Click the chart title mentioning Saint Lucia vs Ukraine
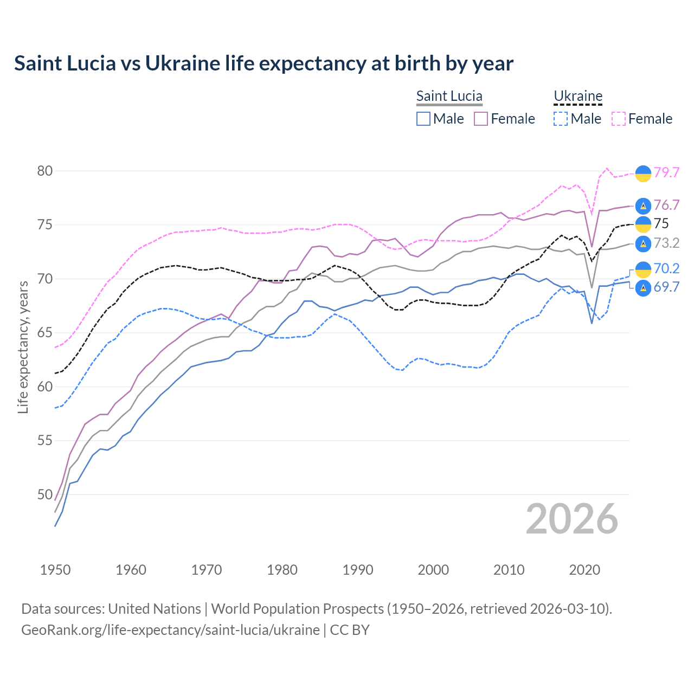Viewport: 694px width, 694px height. (x=264, y=63)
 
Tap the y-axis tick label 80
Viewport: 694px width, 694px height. (x=45, y=171)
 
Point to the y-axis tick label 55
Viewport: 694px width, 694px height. (x=45, y=441)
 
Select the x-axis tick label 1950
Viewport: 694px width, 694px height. (x=55, y=570)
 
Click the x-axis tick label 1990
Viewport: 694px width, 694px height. (x=358, y=570)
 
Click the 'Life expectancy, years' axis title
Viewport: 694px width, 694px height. (x=23, y=347)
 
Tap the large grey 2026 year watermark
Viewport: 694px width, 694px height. (x=571, y=519)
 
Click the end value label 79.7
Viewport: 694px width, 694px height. (x=666, y=173)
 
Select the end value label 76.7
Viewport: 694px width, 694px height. (x=666, y=205)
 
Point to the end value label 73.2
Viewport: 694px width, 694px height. (x=666, y=243)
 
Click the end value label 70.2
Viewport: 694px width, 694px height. (x=666, y=268)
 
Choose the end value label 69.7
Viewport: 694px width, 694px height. (x=666, y=287)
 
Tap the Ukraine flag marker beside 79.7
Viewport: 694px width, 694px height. (x=643, y=173)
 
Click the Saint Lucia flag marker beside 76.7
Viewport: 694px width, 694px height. (x=643, y=205)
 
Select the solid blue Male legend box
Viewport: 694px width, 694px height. (x=423, y=119)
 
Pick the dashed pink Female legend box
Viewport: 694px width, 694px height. (x=619, y=119)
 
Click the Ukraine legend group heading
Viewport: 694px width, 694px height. (x=578, y=96)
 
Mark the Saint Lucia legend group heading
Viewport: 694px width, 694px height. (x=449, y=96)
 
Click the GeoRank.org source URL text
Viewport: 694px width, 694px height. (x=170, y=630)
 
